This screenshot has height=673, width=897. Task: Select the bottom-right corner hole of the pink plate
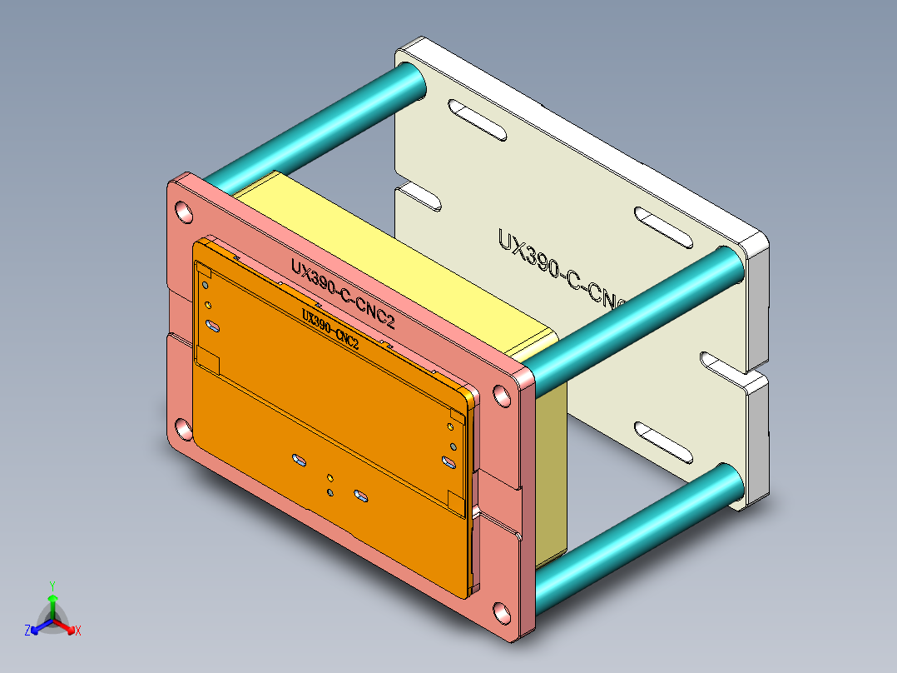tap(501, 612)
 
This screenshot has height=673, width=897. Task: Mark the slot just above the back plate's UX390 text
tap(663, 227)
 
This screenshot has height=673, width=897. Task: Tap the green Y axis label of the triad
tap(52, 585)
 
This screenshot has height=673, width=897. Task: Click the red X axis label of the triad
tap(77, 631)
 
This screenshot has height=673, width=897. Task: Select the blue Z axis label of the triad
tap(27, 631)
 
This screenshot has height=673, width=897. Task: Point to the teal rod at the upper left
tap(316, 125)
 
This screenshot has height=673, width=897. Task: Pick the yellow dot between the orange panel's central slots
tap(330, 477)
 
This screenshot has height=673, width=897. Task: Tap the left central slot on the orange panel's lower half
tap(297, 459)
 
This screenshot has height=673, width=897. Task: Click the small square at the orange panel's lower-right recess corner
tap(455, 500)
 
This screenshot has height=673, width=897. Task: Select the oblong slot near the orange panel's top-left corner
tap(213, 326)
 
